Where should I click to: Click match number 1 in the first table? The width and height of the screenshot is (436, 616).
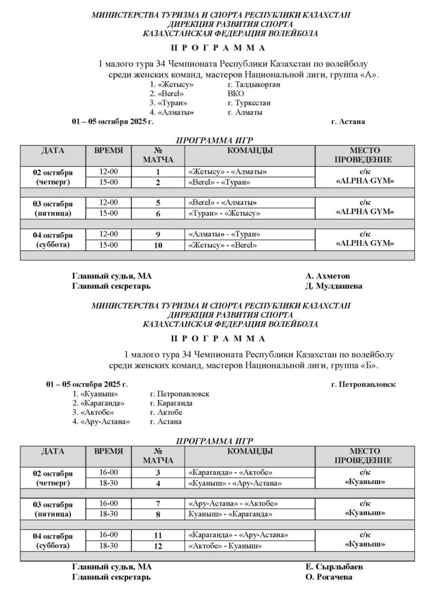click(x=158, y=171)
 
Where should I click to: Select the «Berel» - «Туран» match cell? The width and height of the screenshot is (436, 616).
click(x=219, y=182)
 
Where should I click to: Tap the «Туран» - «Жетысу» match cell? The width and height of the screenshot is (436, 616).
click(x=224, y=213)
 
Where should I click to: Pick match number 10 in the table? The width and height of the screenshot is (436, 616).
click(x=158, y=245)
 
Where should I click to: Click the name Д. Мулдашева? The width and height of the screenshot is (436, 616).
click(x=334, y=286)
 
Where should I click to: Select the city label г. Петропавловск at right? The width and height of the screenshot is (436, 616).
click(x=363, y=384)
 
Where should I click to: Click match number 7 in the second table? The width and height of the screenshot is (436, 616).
click(x=158, y=504)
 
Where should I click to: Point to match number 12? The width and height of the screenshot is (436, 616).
click(x=158, y=546)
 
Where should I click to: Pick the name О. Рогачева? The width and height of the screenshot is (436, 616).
click(x=329, y=577)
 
